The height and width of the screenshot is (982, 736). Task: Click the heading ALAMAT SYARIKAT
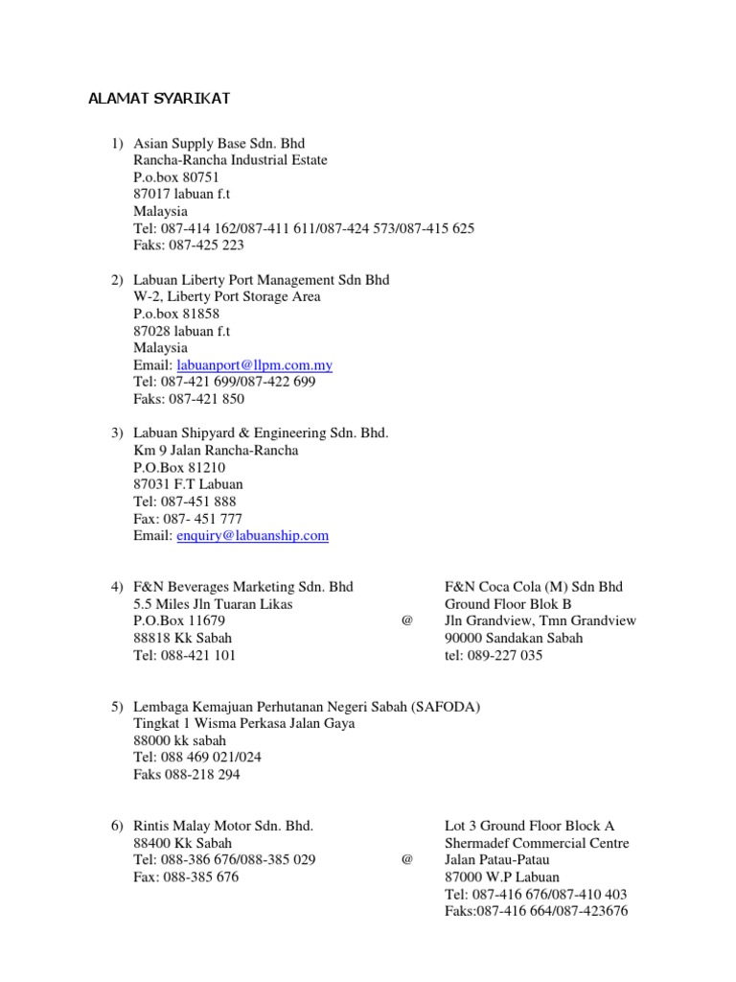point(159,99)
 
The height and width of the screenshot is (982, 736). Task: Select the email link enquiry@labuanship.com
point(253,536)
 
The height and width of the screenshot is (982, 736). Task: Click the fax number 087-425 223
point(207,245)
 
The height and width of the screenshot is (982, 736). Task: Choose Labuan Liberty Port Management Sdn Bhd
point(261,280)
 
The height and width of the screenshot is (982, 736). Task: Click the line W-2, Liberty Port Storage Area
point(227,297)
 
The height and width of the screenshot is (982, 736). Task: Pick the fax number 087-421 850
point(207,399)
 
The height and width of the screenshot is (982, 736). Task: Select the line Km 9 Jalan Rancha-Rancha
point(216,451)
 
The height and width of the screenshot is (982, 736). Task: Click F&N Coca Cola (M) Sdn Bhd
point(533,587)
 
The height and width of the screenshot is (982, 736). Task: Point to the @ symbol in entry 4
point(407,620)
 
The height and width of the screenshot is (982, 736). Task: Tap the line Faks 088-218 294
point(187,775)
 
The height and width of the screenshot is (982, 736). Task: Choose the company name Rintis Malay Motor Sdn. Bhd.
point(223,826)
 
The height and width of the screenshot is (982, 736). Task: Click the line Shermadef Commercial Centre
point(537,843)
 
